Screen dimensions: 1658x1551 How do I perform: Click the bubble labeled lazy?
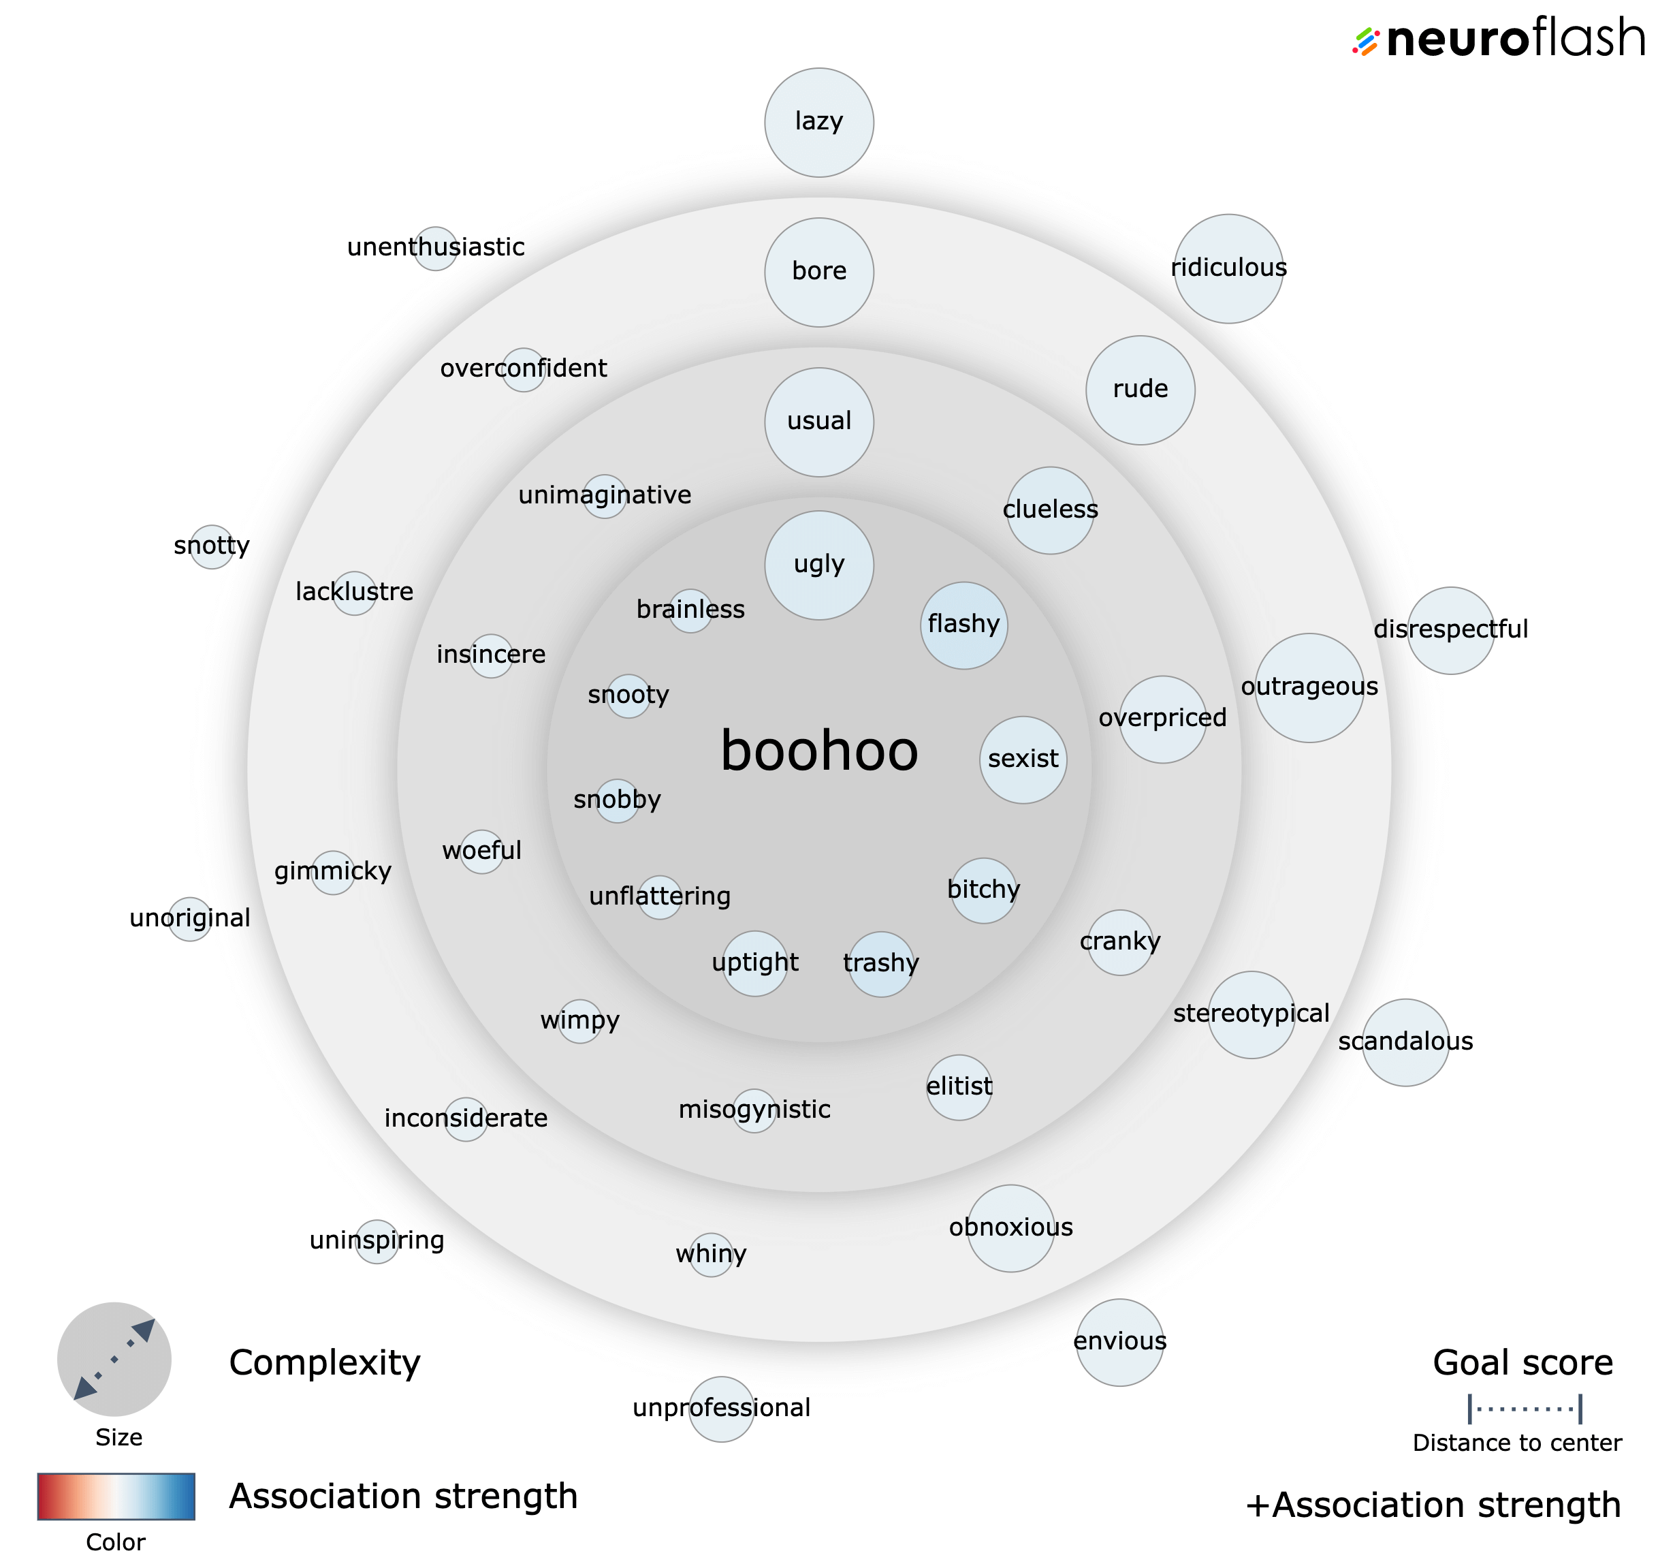coord(819,123)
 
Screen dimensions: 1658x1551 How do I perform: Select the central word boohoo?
coord(819,751)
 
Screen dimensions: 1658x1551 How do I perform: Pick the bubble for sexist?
coord(1023,760)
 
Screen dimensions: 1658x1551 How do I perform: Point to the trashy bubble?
coord(880,965)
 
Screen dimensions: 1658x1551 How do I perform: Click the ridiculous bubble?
coord(1228,268)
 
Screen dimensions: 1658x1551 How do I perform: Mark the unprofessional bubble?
coord(721,1409)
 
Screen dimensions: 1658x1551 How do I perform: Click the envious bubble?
coord(1120,1343)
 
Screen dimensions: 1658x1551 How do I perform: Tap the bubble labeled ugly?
coord(819,565)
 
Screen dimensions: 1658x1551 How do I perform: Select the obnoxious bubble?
coord(1011,1228)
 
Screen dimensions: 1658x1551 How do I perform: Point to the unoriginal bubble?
coord(190,920)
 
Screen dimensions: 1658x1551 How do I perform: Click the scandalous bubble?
coord(1406,1042)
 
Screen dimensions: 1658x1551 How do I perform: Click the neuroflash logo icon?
coord(1365,42)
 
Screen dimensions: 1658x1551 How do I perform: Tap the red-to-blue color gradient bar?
coord(116,1496)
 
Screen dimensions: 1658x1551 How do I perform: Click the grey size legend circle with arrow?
coord(114,1359)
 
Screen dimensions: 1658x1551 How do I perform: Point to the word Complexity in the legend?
coord(324,1362)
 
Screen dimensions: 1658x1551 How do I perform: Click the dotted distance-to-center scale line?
coord(1525,1409)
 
